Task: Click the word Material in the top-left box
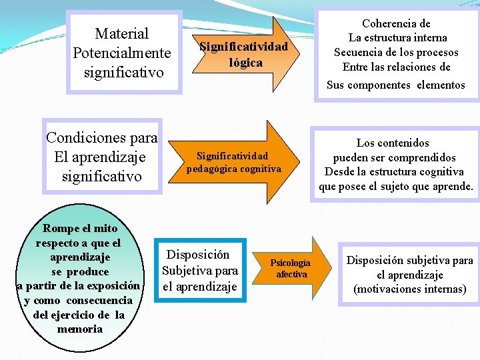(122, 33)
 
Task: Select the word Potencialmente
(122, 52)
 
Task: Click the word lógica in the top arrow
(245, 62)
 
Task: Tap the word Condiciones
(85, 138)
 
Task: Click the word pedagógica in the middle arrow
(211, 169)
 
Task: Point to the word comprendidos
(423, 157)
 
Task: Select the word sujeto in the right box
(401, 187)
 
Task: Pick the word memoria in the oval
(79, 329)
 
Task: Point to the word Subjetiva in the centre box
(186, 271)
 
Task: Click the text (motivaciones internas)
(409, 289)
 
